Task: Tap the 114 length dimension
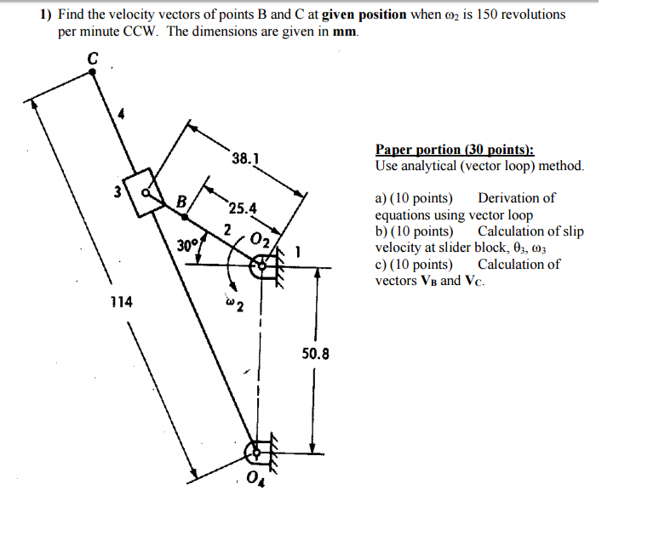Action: [x=120, y=301]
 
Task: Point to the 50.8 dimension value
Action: [x=315, y=350]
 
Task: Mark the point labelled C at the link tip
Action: [x=93, y=73]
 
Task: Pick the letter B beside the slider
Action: [x=181, y=202]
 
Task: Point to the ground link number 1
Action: [x=297, y=252]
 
